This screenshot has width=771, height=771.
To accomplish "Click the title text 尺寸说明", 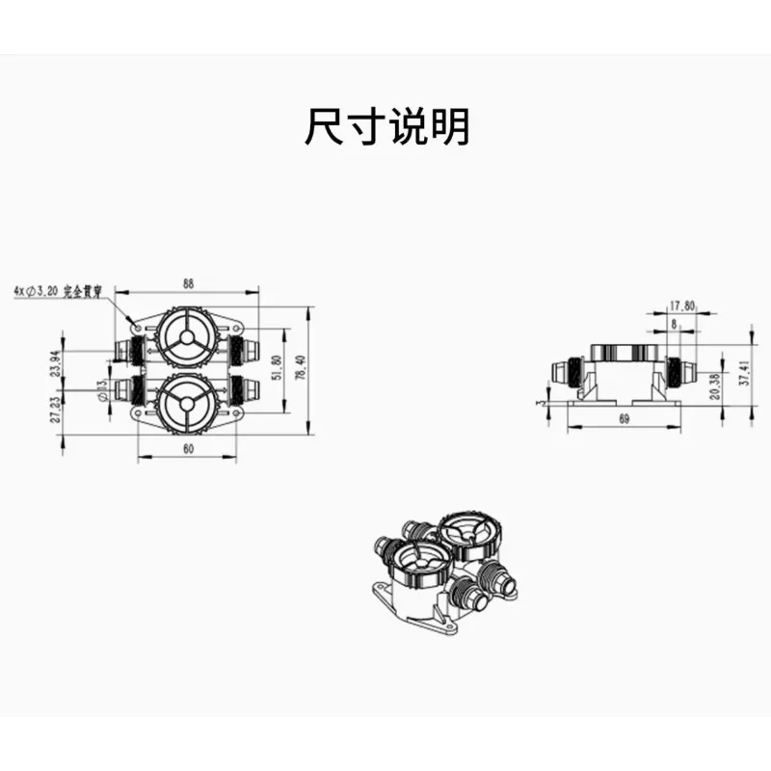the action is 386,126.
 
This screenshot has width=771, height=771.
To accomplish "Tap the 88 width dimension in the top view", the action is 188,283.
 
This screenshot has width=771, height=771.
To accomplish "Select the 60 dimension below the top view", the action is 188,449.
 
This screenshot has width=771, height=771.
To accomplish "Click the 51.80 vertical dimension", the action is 278,369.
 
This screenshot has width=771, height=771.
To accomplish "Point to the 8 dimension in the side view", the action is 674,324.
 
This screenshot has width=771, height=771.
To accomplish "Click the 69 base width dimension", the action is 624,419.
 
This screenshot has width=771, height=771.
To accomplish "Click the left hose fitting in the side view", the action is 566,371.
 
